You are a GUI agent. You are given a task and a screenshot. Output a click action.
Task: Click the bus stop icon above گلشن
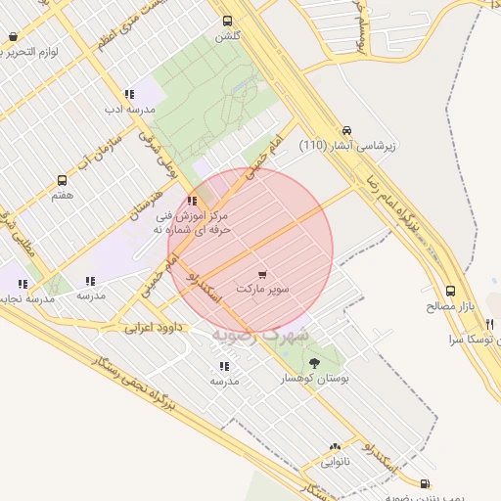(228, 21)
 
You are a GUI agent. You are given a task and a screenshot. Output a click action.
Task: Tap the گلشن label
(228, 36)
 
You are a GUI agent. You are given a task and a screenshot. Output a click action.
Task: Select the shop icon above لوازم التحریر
(13, 37)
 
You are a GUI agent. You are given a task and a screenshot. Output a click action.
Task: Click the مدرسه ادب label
(129, 110)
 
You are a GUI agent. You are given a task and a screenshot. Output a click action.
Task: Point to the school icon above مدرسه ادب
(129, 95)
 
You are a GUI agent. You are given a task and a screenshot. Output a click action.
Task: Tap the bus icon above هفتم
(63, 181)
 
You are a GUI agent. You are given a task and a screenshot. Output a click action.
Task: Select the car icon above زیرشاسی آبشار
(346, 130)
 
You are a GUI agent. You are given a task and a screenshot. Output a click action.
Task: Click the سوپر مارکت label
(261, 290)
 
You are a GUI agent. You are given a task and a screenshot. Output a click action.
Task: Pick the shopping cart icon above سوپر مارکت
(261, 275)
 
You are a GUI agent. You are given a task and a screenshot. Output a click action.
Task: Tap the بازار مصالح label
(450, 306)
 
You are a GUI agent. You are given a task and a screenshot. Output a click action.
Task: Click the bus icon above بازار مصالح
(450, 291)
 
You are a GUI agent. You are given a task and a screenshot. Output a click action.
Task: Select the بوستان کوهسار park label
(314, 378)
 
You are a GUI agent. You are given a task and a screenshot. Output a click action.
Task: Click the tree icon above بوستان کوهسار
(314, 363)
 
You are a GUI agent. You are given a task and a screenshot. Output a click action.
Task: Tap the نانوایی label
(335, 461)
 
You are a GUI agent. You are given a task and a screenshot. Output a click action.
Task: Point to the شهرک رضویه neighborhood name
(260, 334)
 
